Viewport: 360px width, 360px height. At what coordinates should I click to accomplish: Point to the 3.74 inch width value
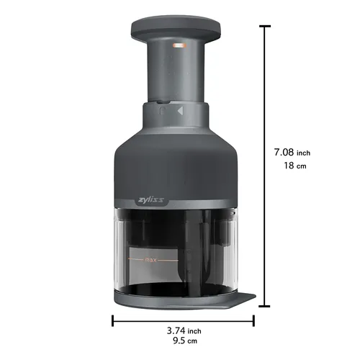tap(179, 330)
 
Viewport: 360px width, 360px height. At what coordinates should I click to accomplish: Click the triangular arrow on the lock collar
tap(179, 112)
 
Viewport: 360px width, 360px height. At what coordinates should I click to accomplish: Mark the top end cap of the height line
tap(266, 26)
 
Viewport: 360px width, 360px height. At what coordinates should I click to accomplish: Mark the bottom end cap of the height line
tap(266, 307)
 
